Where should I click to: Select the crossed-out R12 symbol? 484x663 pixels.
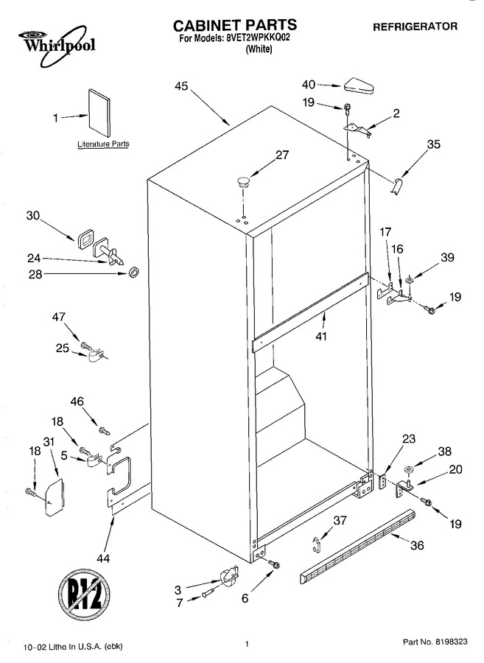[85, 597]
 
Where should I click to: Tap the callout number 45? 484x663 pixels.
[181, 86]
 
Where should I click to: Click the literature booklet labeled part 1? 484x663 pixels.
[100, 114]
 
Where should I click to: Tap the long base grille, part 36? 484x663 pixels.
[357, 546]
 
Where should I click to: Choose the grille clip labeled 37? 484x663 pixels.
[316, 544]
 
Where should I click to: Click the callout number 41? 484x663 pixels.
[321, 337]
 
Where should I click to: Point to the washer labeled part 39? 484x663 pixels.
[409, 281]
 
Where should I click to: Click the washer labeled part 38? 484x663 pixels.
[408, 469]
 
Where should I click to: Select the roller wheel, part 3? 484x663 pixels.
[229, 577]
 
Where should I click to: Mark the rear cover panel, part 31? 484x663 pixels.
[54, 497]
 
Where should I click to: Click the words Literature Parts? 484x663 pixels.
[103, 144]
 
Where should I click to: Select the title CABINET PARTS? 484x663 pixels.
[235, 25]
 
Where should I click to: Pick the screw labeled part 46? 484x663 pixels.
[104, 431]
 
